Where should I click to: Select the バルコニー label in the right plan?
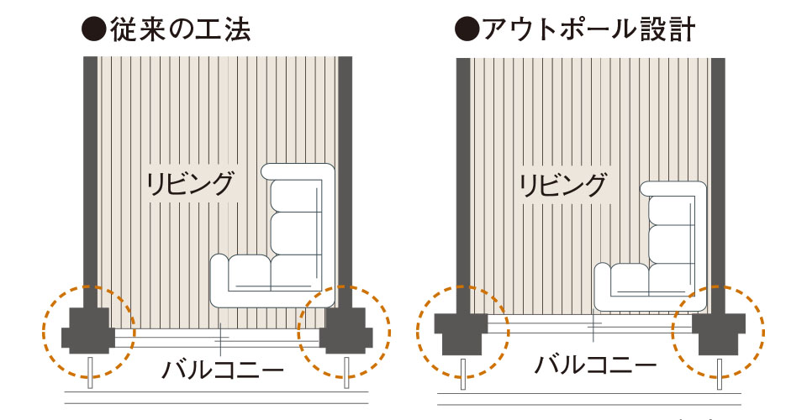596,365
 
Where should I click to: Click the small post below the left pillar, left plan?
90,373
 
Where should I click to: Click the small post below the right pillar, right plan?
720,375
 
